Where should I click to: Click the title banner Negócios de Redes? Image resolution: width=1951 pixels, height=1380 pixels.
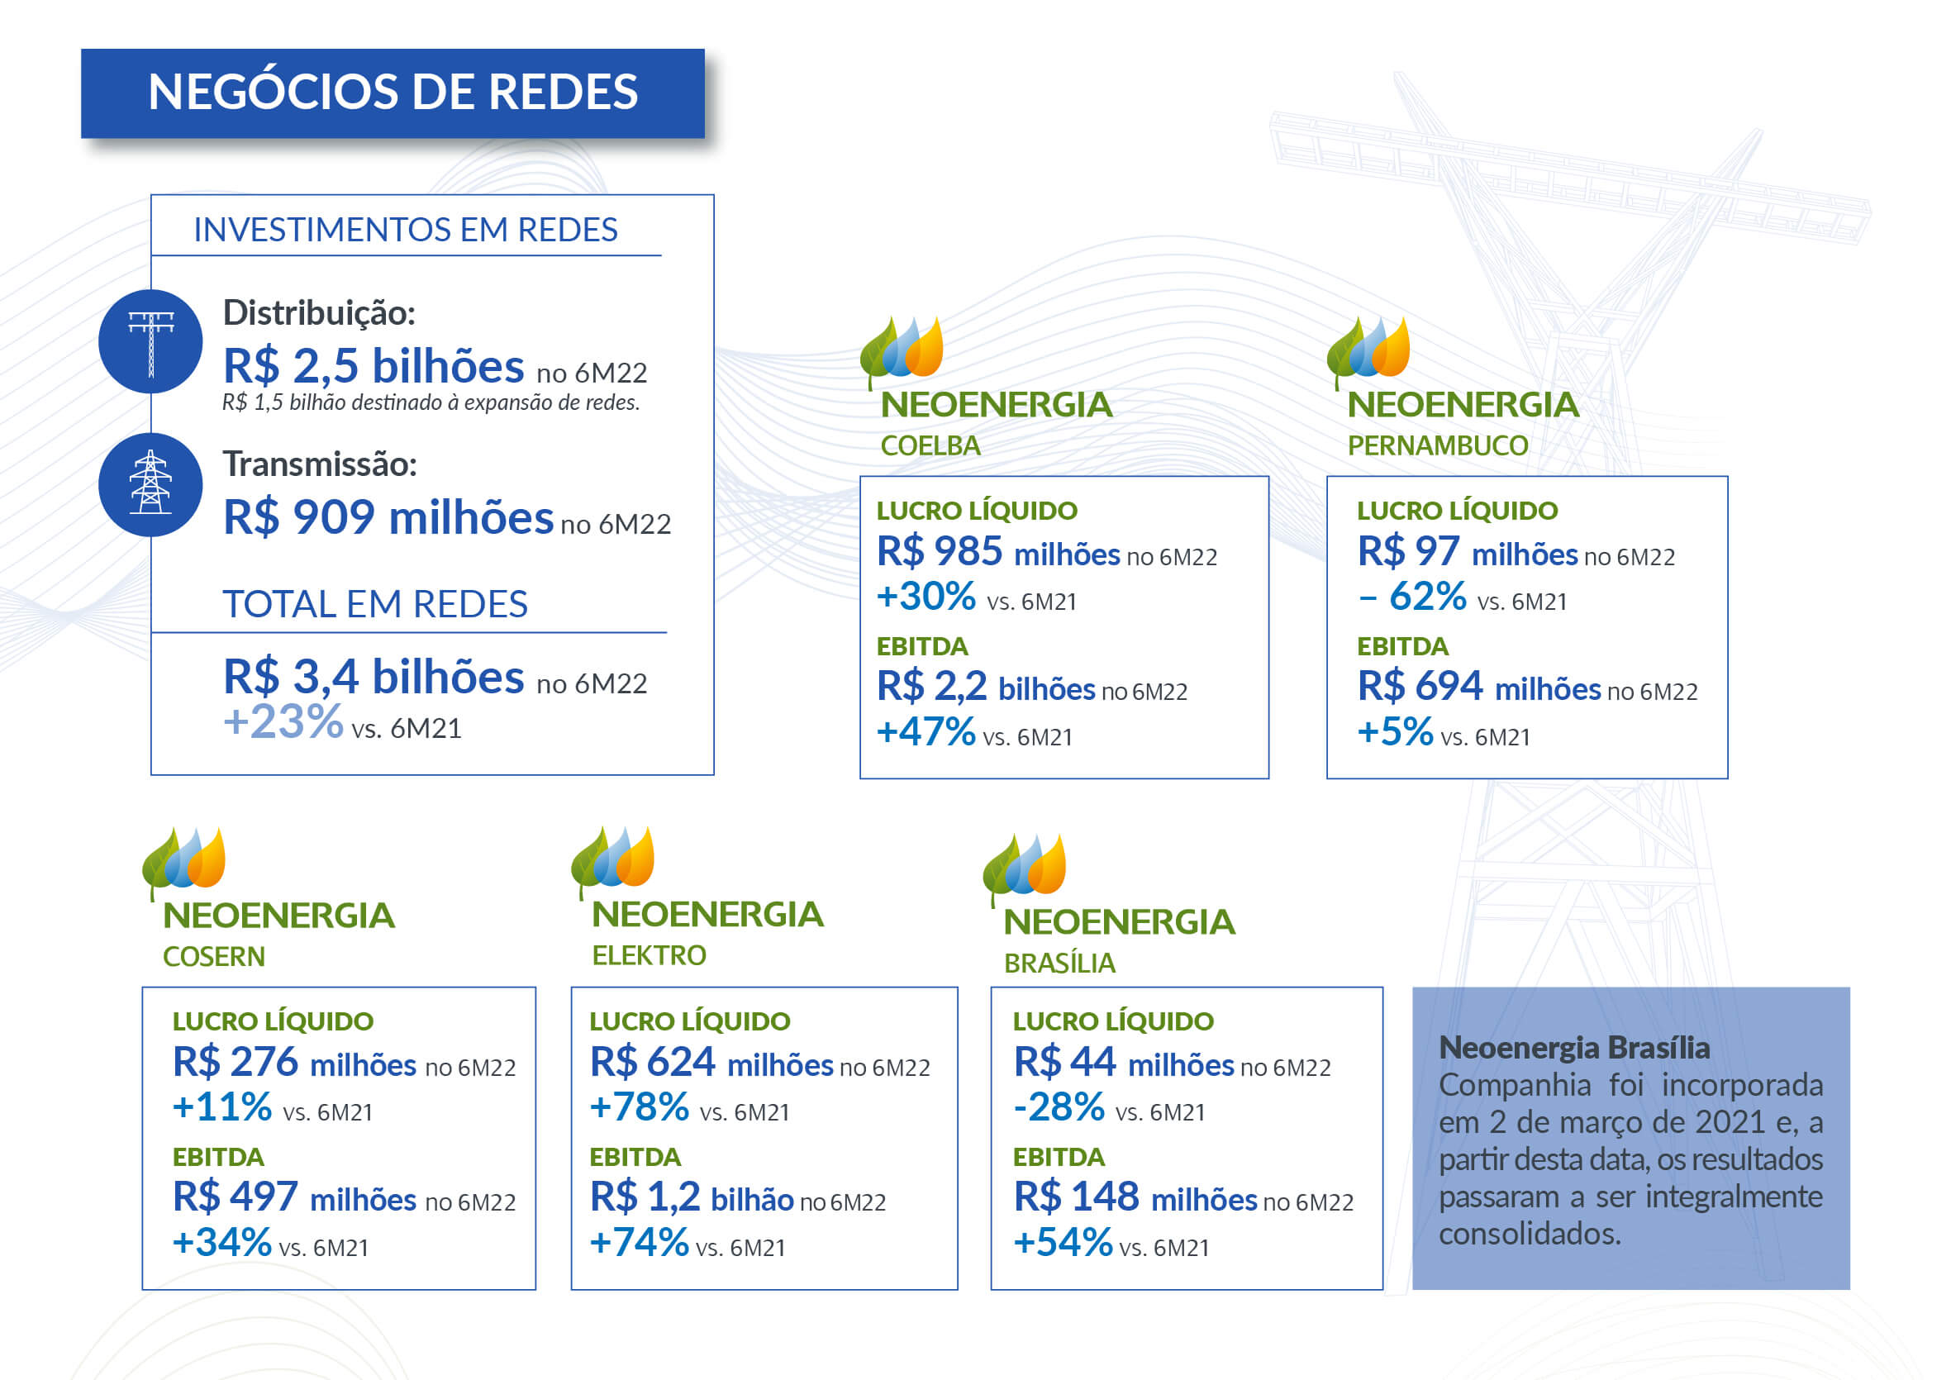393,93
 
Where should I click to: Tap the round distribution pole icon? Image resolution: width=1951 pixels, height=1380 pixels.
150,341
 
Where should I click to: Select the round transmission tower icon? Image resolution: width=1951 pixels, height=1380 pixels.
150,484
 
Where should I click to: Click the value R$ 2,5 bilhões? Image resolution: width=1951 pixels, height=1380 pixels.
373,366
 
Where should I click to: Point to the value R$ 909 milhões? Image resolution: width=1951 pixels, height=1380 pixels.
388,517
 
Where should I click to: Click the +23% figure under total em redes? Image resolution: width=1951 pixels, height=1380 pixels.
283,723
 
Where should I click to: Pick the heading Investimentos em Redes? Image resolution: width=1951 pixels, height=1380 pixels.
406,231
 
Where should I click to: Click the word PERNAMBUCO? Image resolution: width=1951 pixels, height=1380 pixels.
1437,446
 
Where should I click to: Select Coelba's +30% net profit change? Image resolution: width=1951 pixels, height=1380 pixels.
926,597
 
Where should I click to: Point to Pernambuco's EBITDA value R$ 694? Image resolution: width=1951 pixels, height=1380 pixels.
1420,686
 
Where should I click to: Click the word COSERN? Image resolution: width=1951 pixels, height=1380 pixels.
214,957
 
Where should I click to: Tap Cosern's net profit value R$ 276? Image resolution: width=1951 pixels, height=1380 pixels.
236,1062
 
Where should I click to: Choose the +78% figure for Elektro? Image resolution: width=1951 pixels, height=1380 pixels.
639,1107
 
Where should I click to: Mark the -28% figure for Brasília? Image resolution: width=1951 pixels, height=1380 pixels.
1059,1107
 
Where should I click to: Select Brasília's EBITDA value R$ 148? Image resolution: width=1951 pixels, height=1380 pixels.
1077,1197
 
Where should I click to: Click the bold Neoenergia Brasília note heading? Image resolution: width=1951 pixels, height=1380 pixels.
1573,1049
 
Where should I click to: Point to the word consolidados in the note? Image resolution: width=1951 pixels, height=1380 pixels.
1530,1234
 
